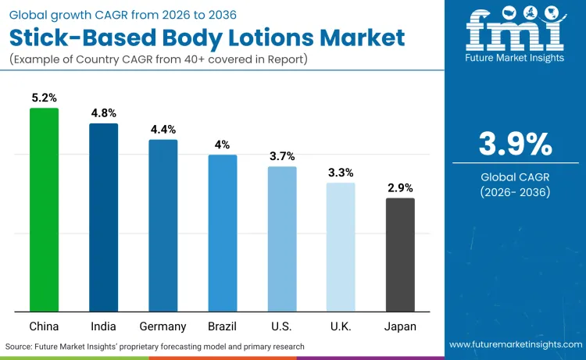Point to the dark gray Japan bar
click(400, 255)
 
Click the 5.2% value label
click(44, 98)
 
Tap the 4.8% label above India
click(103, 113)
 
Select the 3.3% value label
click(341, 173)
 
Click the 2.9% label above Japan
click(400, 188)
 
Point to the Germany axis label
click(163, 326)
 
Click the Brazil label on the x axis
click(222, 326)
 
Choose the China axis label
click(44, 326)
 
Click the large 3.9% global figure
click(515, 144)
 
